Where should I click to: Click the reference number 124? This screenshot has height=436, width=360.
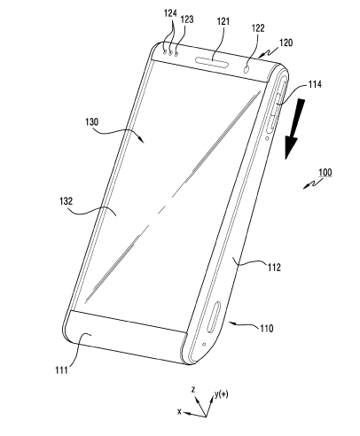pos(170,13)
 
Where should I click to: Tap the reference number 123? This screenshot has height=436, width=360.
pos(187,19)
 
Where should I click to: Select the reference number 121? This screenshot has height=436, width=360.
pos(223,21)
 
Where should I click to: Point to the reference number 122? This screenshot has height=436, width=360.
pos(258,28)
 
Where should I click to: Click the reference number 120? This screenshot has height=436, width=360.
pos(286,43)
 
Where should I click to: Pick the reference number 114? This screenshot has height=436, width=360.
pos(315,84)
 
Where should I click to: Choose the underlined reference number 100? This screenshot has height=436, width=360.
pos(325,172)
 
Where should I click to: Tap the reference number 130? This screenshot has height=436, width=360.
pos(92,121)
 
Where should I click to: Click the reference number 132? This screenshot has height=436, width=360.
pos(66,201)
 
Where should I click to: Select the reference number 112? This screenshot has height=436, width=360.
pos(274,268)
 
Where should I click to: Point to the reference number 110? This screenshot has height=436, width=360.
pos(267,328)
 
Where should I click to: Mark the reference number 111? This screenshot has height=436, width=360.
pos(61,370)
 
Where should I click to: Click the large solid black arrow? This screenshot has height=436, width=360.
pos(294,129)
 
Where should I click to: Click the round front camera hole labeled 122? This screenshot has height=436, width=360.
pos(247,70)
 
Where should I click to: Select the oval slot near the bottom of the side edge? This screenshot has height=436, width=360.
pos(215,317)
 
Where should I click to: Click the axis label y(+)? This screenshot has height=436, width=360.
pos(222,394)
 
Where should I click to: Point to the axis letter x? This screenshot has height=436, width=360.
pos(179,411)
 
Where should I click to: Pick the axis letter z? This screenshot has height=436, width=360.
pos(193,390)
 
